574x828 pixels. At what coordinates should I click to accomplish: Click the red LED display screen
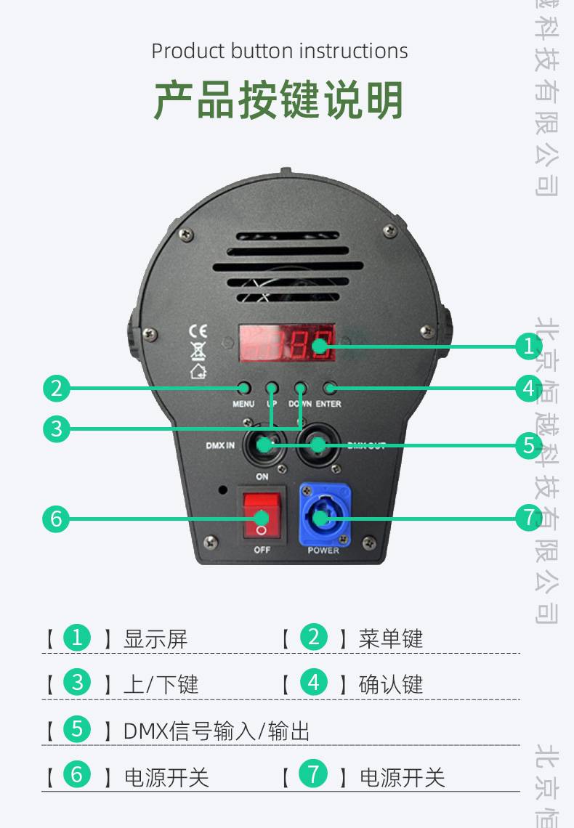coord(287,344)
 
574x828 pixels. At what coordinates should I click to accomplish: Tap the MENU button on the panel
coord(243,389)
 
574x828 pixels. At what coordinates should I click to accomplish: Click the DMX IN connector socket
coord(262,445)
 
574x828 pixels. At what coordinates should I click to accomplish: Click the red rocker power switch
coord(262,517)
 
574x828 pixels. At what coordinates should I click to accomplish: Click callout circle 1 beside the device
coord(528,346)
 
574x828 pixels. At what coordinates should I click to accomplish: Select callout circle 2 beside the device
coord(57,389)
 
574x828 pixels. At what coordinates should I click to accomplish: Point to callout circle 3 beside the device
coord(57,428)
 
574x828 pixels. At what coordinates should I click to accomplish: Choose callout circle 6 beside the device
coord(57,519)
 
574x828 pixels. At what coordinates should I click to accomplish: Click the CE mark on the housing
coord(198,330)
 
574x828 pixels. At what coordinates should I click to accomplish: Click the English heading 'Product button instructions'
coord(280,52)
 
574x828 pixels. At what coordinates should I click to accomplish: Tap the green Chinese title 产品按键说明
coord(279,100)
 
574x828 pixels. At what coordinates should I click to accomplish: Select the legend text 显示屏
coord(155,639)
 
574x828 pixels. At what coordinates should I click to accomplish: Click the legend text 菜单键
coord(391,639)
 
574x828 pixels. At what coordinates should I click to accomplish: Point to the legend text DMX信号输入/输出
coord(217,731)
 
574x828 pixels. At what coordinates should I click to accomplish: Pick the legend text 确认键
coord(391,684)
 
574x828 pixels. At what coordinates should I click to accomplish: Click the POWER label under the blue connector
coord(323,551)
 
